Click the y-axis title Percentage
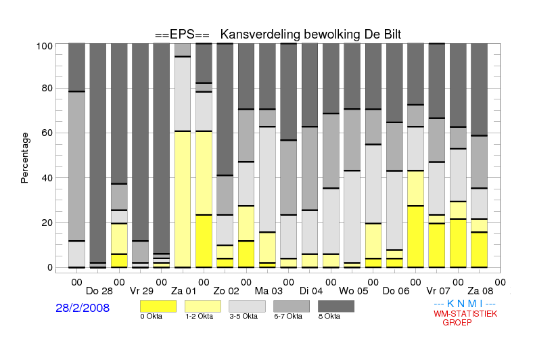24,158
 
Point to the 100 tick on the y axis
45,46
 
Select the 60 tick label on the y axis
47,133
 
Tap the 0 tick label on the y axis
50,267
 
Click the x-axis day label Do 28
99,292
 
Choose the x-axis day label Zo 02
226,292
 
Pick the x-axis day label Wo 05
354,292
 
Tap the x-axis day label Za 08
480,292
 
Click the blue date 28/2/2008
83,308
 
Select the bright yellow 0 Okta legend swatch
158,306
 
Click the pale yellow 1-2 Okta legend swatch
203,306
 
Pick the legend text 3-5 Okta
244,317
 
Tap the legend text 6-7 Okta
288,317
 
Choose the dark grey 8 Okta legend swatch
336,306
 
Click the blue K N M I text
465,304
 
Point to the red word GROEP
457,323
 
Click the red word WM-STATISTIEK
465,314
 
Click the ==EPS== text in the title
182,35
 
